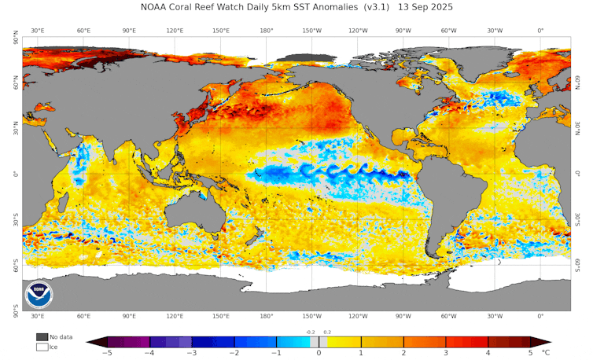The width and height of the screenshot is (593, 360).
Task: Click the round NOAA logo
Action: [x=39, y=295]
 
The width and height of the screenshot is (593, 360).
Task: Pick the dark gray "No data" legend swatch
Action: [x=42, y=336]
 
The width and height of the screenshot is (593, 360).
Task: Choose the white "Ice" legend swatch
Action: [x=42, y=347]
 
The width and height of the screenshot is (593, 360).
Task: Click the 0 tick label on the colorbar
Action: [x=319, y=354]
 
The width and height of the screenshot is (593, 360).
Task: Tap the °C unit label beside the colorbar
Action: [x=546, y=354]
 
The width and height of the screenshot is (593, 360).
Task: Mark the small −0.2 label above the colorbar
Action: [x=310, y=332]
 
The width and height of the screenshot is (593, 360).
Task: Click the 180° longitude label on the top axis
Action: [x=266, y=31]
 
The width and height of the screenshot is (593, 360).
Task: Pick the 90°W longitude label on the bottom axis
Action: [x=403, y=316]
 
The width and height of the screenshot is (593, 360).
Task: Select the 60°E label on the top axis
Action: [x=83, y=31]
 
